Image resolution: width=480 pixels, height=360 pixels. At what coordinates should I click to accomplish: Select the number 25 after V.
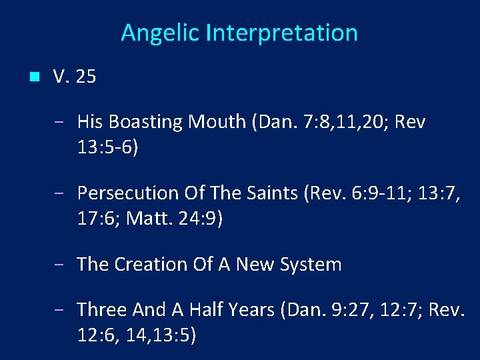coord(86,77)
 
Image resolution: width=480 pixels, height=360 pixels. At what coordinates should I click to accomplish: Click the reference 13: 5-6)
coord(108,147)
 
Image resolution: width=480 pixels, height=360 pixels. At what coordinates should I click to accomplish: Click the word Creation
coord(150,265)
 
